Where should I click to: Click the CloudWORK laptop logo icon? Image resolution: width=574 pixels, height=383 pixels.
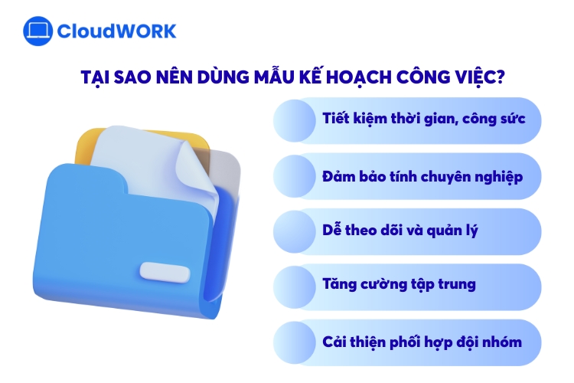(x=38, y=31)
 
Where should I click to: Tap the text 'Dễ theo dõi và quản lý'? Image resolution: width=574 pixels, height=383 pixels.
(x=400, y=231)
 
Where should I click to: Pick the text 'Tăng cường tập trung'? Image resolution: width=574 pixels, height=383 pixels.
(x=399, y=285)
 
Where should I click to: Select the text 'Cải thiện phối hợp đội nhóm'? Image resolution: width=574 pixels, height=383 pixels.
(x=422, y=341)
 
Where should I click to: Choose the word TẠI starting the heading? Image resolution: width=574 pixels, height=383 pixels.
(x=98, y=77)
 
